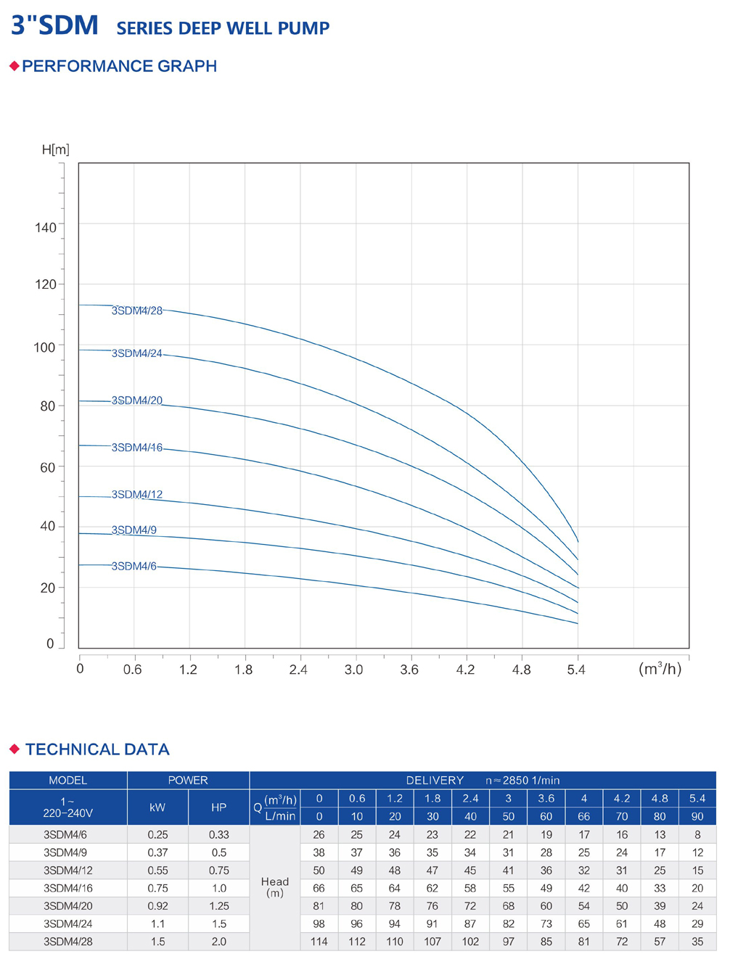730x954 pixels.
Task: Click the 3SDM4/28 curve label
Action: (x=137, y=311)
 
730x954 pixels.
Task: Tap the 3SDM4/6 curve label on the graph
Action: (x=134, y=566)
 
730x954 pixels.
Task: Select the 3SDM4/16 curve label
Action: (x=137, y=448)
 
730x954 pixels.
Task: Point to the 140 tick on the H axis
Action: (x=45, y=228)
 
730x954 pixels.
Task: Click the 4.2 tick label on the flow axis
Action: (x=465, y=670)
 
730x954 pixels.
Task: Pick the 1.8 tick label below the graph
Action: (x=243, y=670)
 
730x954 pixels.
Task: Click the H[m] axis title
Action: (x=56, y=149)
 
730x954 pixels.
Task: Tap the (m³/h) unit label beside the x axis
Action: (x=660, y=669)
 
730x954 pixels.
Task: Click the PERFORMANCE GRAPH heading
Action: (x=120, y=66)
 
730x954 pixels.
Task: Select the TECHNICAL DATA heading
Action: (x=97, y=749)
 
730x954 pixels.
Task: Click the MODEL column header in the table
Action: (x=67, y=781)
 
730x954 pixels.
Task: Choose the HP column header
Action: (x=218, y=807)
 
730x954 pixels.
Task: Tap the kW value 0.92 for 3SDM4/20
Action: (x=157, y=906)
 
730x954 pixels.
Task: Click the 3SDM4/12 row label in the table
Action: (x=67, y=871)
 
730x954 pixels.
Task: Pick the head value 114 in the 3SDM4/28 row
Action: (x=319, y=942)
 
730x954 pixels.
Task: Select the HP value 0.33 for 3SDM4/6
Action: (x=218, y=835)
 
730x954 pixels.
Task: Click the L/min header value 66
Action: (x=584, y=816)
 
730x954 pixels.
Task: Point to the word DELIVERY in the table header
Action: (x=435, y=781)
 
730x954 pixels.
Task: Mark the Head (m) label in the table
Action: (x=275, y=887)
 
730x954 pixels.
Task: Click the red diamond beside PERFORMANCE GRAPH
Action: (x=14, y=66)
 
